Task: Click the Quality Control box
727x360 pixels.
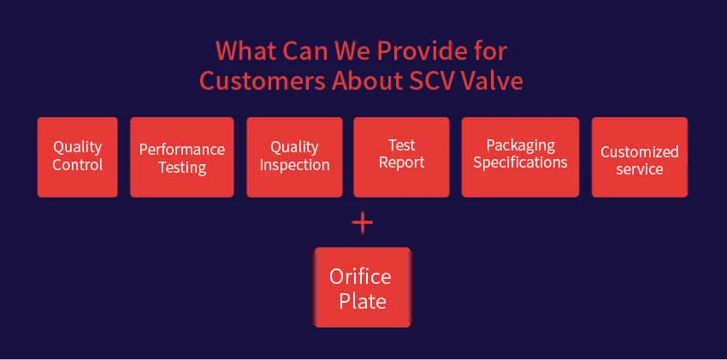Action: pos(78,157)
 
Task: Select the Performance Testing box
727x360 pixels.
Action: pos(181,157)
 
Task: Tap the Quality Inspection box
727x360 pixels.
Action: pos(294,157)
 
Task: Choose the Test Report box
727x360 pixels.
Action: pos(401,157)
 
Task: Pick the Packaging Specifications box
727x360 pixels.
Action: pos(520,157)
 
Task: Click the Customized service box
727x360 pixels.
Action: pos(640,157)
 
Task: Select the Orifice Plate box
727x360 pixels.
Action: pos(363,287)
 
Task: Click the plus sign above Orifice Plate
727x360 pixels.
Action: pos(363,223)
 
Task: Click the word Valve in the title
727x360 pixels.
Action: pos(494,81)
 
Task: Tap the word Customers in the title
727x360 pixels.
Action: pos(263,81)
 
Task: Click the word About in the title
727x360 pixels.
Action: pos(368,81)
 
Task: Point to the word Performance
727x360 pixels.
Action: pos(182,150)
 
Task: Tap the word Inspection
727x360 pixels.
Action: pos(294,165)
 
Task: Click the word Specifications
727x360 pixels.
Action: pos(520,163)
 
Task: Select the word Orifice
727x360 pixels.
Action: pos(360,276)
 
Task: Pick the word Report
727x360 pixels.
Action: pos(401,163)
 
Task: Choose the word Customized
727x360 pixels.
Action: pos(640,152)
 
